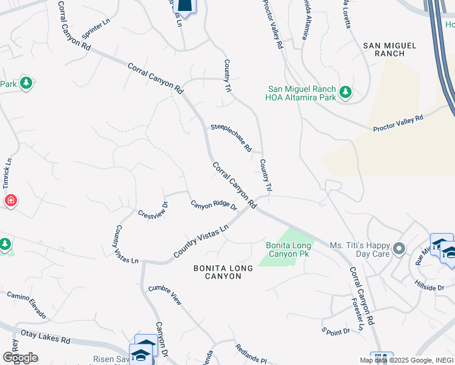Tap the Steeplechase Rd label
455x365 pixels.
pos(231,137)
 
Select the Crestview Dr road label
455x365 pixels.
pos(153,210)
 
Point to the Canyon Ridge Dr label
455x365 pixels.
pos(214,205)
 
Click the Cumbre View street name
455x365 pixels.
pos(165,294)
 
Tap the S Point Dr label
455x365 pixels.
pos(336,331)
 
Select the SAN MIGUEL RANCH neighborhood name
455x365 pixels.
pos(389,49)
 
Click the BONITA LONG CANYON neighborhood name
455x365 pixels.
pos(218,272)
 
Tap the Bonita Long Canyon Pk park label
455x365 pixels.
pos(288,249)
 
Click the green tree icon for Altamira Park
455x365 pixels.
pos(346,92)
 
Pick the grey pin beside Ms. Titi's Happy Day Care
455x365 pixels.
pos(399,248)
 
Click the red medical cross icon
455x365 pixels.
pos(10,200)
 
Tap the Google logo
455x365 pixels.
pos(20,358)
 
